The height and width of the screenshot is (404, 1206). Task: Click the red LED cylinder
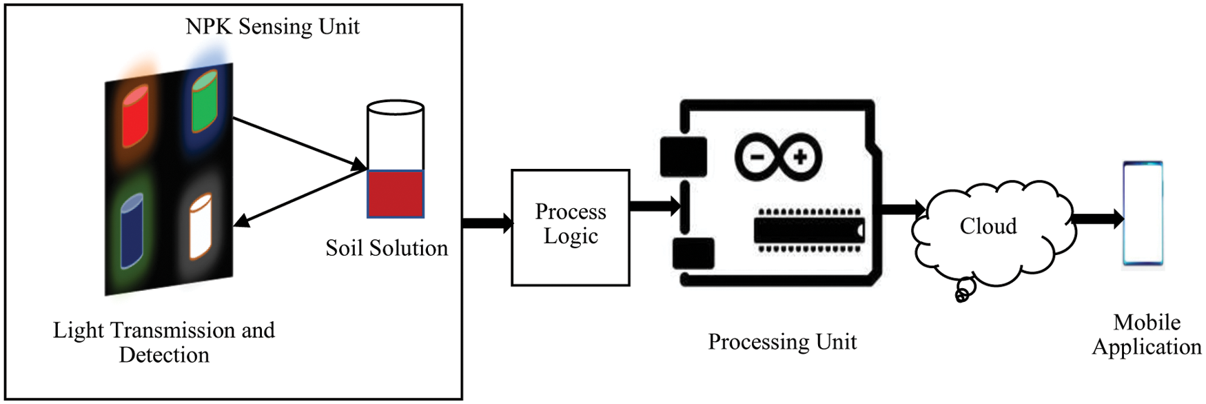click(x=135, y=117)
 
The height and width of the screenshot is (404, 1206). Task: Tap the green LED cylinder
click(x=205, y=103)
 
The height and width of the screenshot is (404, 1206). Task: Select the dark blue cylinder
click(x=132, y=231)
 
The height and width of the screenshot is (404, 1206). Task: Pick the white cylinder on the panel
click(x=200, y=228)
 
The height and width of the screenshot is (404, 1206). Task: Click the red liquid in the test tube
click(x=395, y=194)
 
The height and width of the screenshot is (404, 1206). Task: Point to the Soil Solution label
click(x=387, y=248)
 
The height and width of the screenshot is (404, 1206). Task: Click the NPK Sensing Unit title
click(x=272, y=27)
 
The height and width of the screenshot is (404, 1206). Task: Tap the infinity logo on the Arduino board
click(x=777, y=157)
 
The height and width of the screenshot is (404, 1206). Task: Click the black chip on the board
click(x=808, y=230)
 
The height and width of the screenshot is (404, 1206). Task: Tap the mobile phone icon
click(x=1143, y=214)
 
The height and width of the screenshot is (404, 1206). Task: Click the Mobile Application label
click(x=1147, y=334)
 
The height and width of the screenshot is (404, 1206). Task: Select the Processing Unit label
click(x=782, y=342)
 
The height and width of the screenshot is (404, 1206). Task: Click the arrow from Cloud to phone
click(x=1097, y=219)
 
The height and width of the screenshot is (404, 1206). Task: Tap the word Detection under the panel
click(x=164, y=355)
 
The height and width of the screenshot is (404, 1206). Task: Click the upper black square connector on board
click(x=683, y=156)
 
